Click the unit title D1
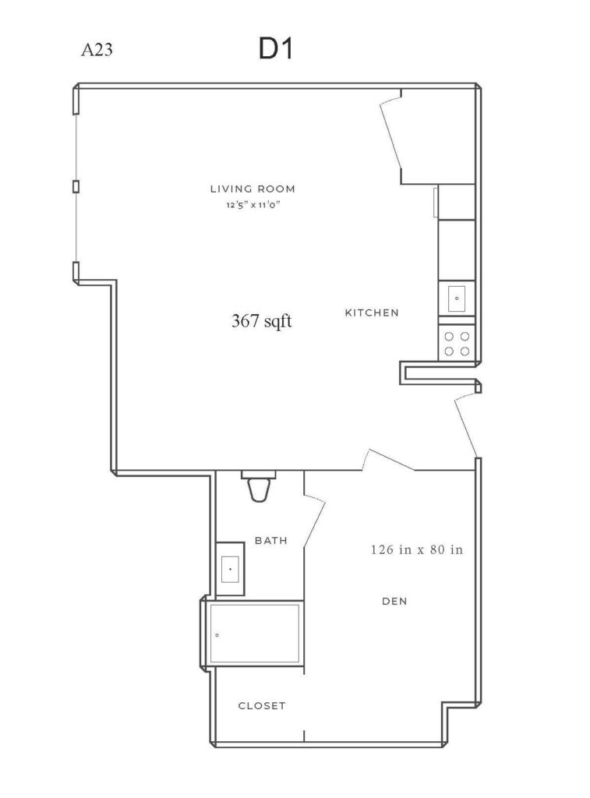[276, 49]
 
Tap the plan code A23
[97, 50]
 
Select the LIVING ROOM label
[253, 189]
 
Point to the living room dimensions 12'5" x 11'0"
[253, 206]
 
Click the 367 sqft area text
[262, 321]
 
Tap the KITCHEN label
[372, 312]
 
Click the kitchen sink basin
[456, 298]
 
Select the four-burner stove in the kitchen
[457, 344]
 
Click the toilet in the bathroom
[259, 486]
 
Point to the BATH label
[270, 541]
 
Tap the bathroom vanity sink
[230, 568]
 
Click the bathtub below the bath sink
[254, 634]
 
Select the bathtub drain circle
[217, 635]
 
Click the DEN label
[394, 601]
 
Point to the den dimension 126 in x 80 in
[417, 549]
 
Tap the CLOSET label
[262, 706]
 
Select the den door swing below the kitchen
[390, 460]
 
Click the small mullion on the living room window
[76, 186]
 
